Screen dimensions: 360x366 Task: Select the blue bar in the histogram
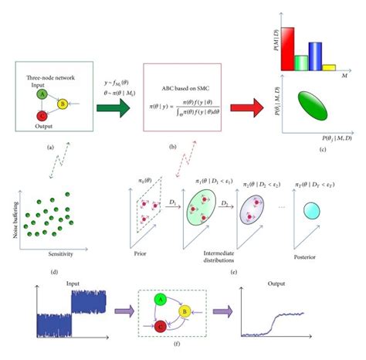point(313,56)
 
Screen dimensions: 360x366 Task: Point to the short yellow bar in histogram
point(328,67)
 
